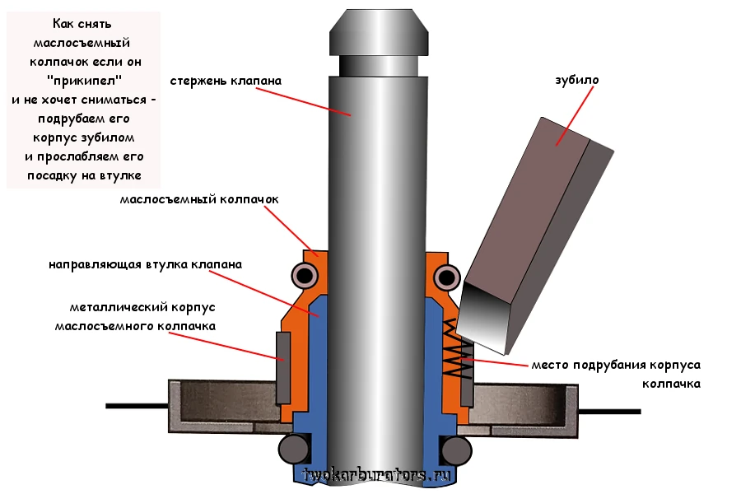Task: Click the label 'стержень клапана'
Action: [226, 82]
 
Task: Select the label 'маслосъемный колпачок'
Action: [199, 199]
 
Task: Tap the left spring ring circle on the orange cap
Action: [305, 274]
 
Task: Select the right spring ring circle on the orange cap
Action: [447, 274]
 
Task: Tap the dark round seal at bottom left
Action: [293, 449]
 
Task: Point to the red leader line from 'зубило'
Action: [576, 115]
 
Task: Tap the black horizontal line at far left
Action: [136, 406]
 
